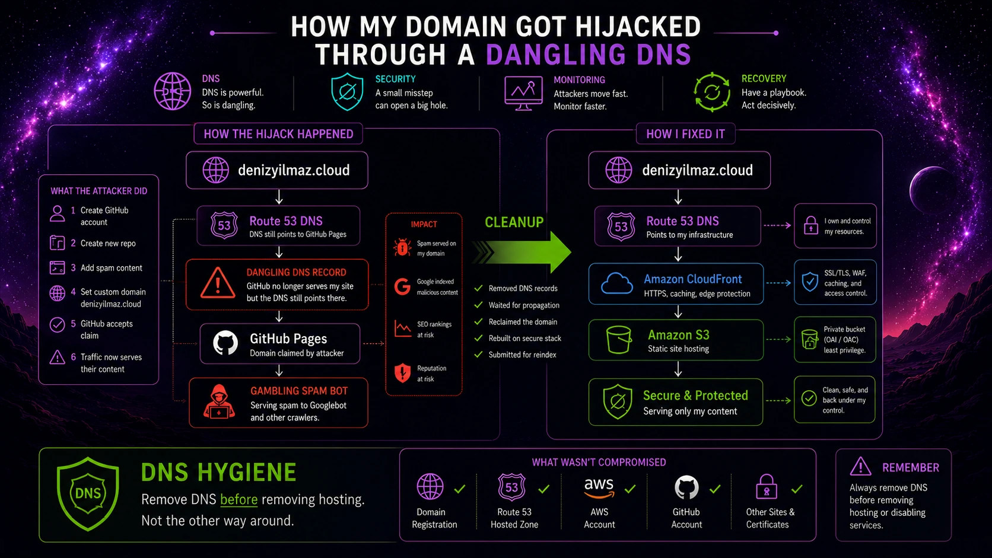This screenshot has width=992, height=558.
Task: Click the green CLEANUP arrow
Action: click(x=523, y=252)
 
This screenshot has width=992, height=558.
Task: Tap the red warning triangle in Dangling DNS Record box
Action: click(x=217, y=283)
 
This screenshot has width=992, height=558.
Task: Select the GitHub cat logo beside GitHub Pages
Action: click(x=225, y=343)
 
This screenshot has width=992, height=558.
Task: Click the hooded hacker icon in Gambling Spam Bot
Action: click(x=219, y=401)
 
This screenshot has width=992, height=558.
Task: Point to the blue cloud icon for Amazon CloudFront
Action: click(x=617, y=283)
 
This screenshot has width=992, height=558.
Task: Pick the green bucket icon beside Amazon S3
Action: click(x=619, y=339)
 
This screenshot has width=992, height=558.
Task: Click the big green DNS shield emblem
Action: click(x=88, y=494)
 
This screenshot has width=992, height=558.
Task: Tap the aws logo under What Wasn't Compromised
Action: click(x=599, y=487)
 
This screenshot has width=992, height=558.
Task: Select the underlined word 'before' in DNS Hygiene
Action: click(x=239, y=499)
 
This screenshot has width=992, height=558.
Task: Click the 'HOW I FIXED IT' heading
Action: click(x=685, y=134)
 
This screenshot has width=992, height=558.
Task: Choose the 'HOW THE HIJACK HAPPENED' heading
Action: click(x=278, y=134)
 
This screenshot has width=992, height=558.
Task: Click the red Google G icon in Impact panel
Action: click(x=402, y=287)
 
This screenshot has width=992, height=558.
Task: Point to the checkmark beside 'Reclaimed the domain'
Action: click(x=478, y=322)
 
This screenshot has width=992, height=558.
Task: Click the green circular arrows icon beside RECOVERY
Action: click(x=712, y=92)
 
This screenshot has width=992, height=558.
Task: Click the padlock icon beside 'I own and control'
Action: click(x=811, y=225)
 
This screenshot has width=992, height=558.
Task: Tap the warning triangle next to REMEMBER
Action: click(x=860, y=467)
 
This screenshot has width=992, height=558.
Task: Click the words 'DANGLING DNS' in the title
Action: click(x=589, y=55)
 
